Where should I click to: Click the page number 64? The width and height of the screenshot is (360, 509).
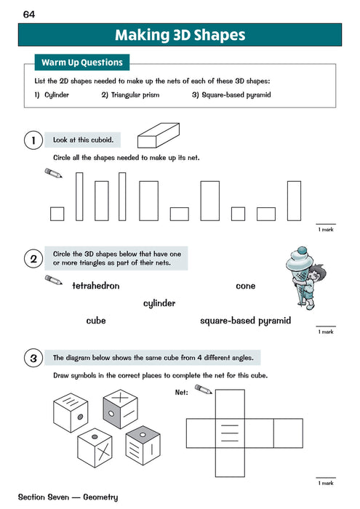[29, 14]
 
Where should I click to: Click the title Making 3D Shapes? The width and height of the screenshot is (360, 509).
[180, 35]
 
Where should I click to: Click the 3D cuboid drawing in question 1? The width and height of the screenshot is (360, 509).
[163, 146]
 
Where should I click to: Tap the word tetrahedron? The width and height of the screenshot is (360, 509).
[96, 286]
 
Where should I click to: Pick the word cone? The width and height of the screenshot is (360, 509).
[246, 286]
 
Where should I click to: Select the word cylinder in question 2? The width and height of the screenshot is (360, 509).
[159, 303]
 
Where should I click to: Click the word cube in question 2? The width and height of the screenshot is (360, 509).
[96, 320]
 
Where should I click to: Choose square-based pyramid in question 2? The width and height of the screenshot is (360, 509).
[245, 320]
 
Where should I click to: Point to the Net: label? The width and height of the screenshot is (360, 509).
[182, 392]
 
